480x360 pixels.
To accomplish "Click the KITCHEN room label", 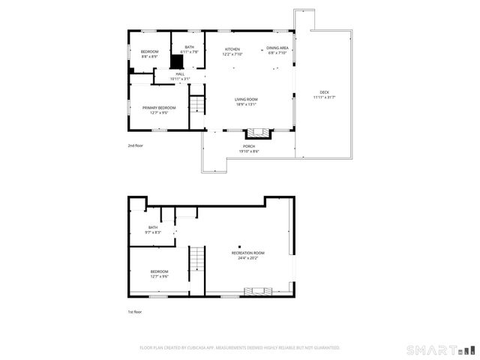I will pos(232,49).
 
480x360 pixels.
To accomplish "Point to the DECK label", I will pos(324,92).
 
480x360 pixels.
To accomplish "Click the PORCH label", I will pos(249,146).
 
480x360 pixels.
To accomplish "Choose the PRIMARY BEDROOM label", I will pos(159,108).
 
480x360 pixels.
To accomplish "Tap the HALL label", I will pos(180,73).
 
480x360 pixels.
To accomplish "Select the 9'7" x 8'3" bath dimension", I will pos(153,232).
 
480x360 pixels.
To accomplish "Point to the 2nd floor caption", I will pos(135,145).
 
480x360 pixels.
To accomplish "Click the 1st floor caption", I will pos(134,311).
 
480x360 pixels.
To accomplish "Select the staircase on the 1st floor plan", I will pos(196,261).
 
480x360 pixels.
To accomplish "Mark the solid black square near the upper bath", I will pos(177,62).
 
